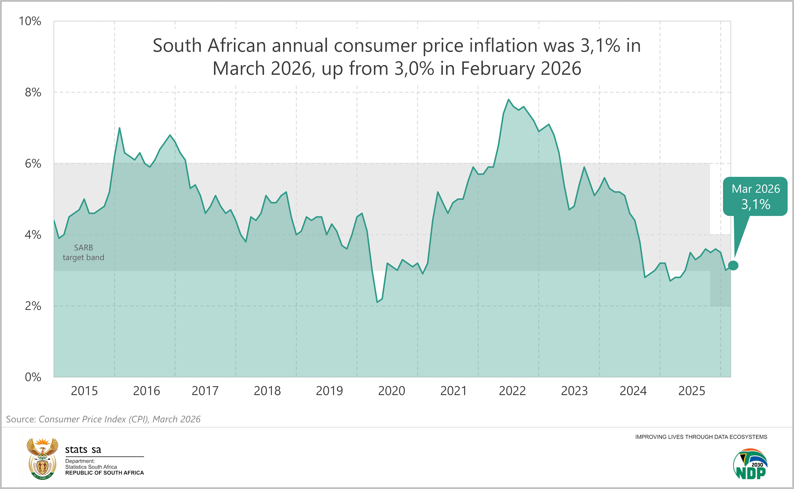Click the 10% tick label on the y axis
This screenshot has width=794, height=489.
click(x=30, y=21)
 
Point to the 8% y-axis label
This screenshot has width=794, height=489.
click(x=33, y=92)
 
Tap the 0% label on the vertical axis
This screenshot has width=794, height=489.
click(x=33, y=377)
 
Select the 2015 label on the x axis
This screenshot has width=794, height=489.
click(x=84, y=391)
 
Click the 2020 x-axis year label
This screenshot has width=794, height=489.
click(x=392, y=391)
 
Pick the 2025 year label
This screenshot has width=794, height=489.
click(x=691, y=391)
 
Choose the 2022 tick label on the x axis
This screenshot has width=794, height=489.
click(x=512, y=391)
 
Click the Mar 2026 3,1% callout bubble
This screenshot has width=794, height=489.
click(x=756, y=196)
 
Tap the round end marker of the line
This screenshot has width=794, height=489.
click(x=733, y=266)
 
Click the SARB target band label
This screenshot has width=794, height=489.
click(x=84, y=253)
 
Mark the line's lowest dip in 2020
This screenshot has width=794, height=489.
click(x=377, y=302)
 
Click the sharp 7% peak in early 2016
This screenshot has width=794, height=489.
click(x=119, y=128)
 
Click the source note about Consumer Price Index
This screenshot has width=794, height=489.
click(x=104, y=419)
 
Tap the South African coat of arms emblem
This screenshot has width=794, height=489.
click(x=42, y=458)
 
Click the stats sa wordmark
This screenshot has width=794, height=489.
click(x=83, y=450)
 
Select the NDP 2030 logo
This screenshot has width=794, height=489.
click(x=750, y=464)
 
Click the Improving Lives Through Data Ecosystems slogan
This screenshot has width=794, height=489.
click(x=701, y=437)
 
